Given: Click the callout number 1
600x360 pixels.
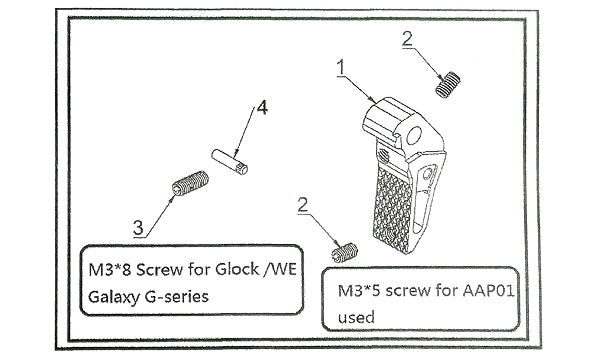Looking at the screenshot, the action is pyautogui.click(x=341, y=68).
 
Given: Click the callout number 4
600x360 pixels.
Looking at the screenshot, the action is pyautogui.click(x=262, y=108).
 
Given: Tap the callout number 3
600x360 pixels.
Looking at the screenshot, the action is pyautogui.click(x=138, y=228).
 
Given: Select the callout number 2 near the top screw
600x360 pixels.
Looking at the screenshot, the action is pyautogui.click(x=407, y=39).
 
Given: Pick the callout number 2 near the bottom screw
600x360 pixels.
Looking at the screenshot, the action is pyautogui.click(x=303, y=205).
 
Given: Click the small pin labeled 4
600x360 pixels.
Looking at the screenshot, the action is pyautogui.click(x=230, y=162).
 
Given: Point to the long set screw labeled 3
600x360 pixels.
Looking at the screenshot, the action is pyautogui.click(x=190, y=183).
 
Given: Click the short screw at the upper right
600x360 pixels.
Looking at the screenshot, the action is pyautogui.click(x=448, y=85).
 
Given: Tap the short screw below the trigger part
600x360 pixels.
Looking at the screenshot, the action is pyautogui.click(x=344, y=252).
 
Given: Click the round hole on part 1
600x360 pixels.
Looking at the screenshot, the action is pyautogui.click(x=414, y=135).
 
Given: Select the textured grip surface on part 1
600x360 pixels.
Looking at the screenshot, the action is pyautogui.click(x=393, y=210).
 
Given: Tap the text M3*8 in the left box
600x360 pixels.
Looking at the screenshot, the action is pyautogui.click(x=110, y=270).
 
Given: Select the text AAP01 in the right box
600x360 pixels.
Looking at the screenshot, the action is pyautogui.click(x=488, y=291).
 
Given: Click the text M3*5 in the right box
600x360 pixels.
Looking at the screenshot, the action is pyautogui.click(x=359, y=291).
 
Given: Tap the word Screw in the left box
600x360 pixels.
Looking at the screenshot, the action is pyautogui.click(x=159, y=270).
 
